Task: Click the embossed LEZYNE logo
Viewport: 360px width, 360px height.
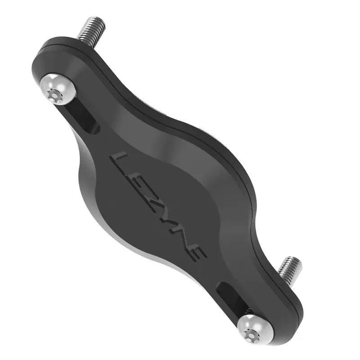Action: point(157,205)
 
